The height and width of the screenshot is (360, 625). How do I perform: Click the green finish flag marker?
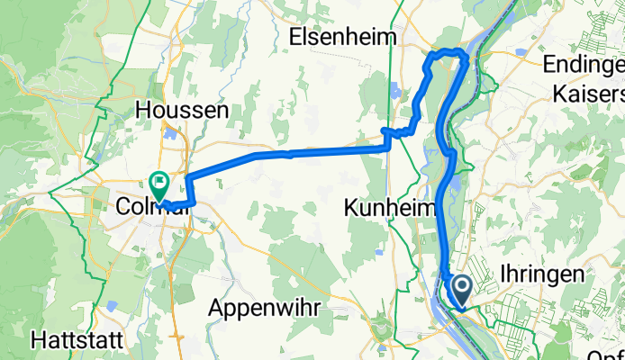tap(159, 184)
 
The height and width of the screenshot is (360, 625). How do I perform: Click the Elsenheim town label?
tap(347, 37)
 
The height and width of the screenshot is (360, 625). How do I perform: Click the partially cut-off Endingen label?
tap(583, 64)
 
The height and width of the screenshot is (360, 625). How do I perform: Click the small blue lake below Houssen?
tap(171, 135)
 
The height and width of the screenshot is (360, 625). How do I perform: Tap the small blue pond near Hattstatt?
tap(110, 307)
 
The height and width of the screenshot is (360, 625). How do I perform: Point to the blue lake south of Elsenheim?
tap(394, 91)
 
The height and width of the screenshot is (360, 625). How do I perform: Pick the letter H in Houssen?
tap(142, 111)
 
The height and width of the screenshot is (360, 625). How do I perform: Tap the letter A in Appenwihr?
tap(215, 306)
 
